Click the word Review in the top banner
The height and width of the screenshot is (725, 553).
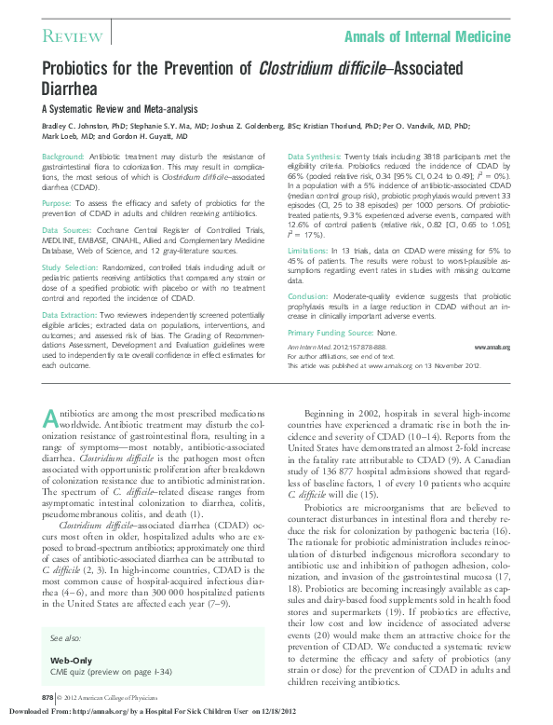point(73,36)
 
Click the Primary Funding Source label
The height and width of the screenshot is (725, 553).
point(327,333)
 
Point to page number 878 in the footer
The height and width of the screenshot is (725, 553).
point(47,696)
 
